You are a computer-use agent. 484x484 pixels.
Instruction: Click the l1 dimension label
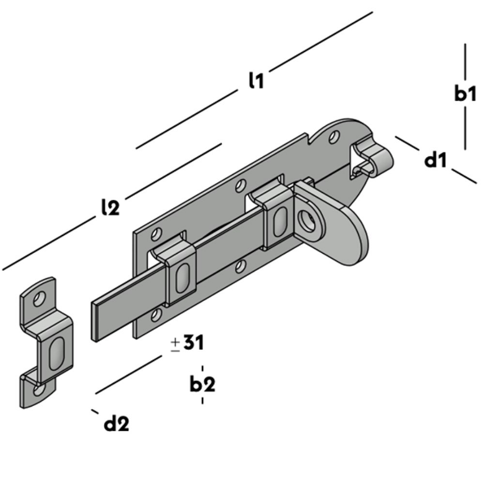pyautogui.click(x=256, y=80)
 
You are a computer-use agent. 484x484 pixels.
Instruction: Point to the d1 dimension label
pyautogui.click(x=436, y=160)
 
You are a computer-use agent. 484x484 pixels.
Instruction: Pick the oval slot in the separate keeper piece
pyautogui.click(x=56, y=352)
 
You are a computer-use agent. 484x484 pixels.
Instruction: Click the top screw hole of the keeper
pyautogui.click(x=36, y=298)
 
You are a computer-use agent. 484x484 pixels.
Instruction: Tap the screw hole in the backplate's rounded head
pyautogui.click(x=332, y=134)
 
